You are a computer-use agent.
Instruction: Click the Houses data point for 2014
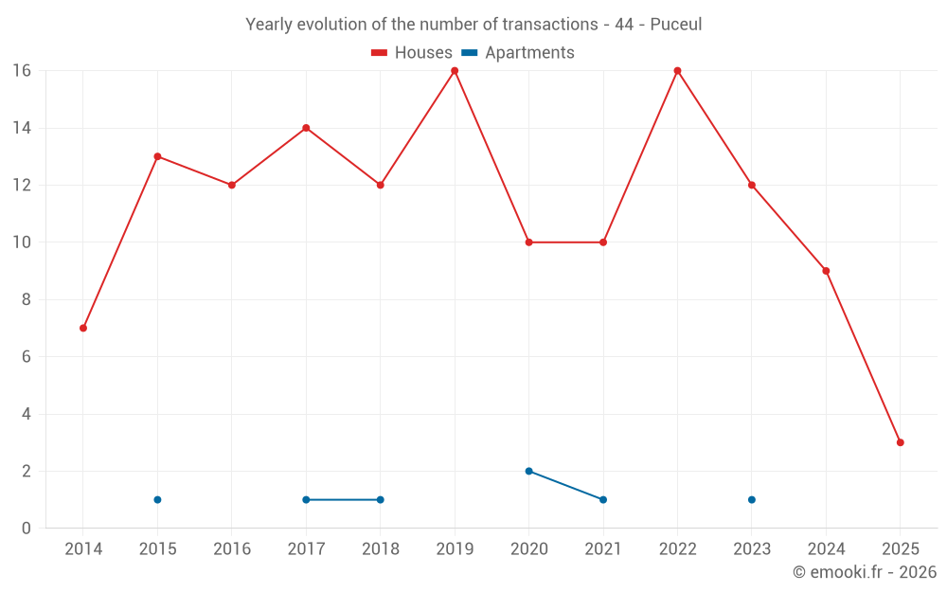pos(83,328)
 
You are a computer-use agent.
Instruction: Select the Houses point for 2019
pos(455,70)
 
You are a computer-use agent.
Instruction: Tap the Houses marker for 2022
pos(677,70)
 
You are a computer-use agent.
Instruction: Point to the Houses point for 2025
pos(900,442)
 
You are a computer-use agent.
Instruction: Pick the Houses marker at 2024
pos(826,271)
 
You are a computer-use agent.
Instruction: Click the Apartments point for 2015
pos(157,499)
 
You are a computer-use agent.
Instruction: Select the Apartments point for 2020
pos(528,471)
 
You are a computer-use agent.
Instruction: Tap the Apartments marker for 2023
pos(752,499)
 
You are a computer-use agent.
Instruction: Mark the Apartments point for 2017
pos(306,499)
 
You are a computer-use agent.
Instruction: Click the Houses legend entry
pos(412,53)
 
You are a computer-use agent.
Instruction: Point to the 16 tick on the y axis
pos(22,71)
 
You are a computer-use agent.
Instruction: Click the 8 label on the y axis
pos(27,299)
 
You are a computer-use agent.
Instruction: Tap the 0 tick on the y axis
pos(27,528)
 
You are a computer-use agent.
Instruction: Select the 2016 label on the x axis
pos(232,549)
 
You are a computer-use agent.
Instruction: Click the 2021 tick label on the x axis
pos(603,549)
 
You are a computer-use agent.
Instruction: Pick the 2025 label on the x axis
pos(900,549)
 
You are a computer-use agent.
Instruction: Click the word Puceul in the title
pos(676,25)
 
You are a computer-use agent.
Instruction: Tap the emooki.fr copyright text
pos(865,572)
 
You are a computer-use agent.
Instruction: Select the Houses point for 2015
pos(157,156)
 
